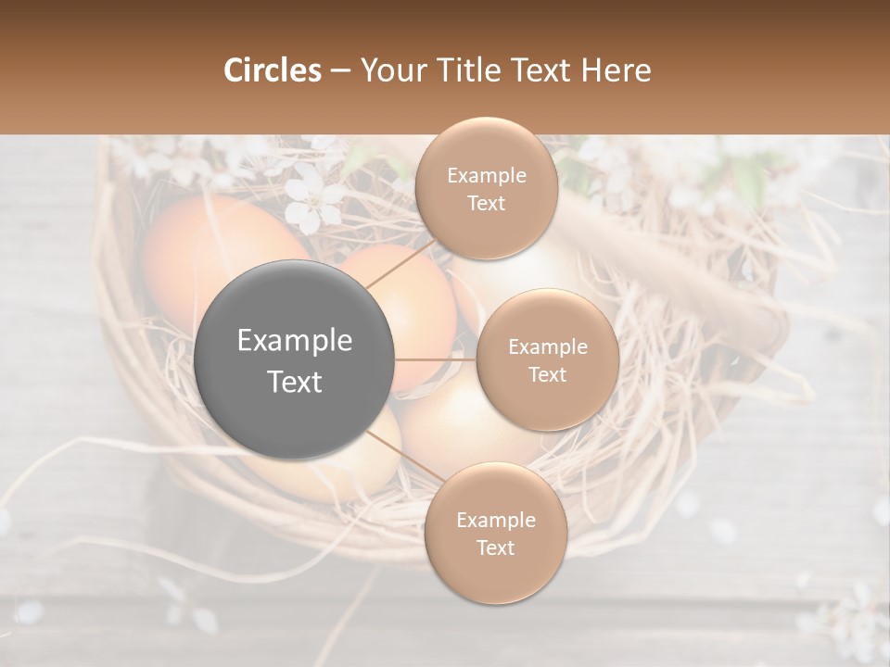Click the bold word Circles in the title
pos(272,70)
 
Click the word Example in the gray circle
pos(295,341)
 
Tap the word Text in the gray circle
pos(295,382)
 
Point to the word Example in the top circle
pos(486,176)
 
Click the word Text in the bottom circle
pos(495,547)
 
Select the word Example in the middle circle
pos(548,347)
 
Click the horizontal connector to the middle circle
pos(436,359)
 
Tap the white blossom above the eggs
pos(313,206)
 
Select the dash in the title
pos(339,71)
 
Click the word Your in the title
pos(389,70)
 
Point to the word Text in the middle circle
pos(547,374)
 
